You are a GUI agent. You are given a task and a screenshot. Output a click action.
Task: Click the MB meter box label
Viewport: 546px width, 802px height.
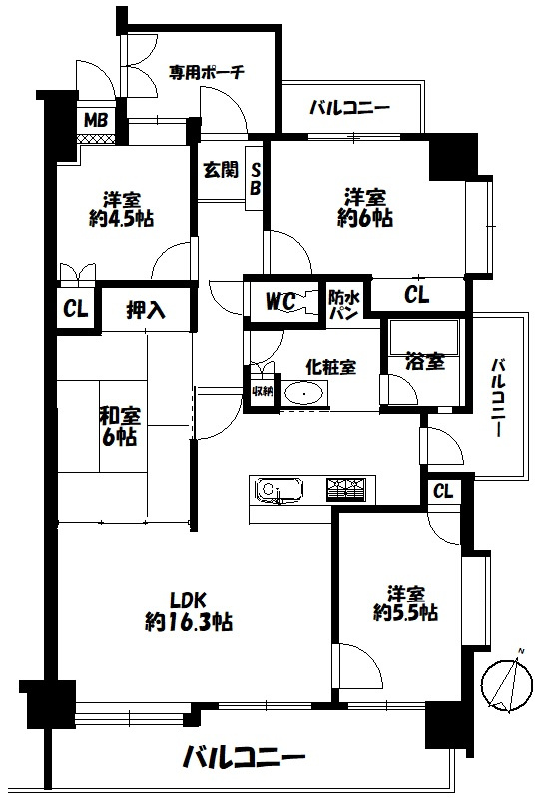(x=96, y=120)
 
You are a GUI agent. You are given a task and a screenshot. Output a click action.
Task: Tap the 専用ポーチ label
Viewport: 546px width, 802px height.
(x=207, y=71)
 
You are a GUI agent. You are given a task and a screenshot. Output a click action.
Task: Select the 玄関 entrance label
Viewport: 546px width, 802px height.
(x=221, y=170)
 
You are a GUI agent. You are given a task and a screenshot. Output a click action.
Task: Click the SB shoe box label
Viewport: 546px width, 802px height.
(x=255, y=179)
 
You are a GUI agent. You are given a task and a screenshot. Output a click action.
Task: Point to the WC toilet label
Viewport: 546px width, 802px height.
(x=280, y=301)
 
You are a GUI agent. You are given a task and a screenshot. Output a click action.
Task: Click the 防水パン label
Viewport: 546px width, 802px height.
(x=344, y=305)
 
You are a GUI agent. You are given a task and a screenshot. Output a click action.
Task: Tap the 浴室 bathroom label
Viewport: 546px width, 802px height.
(x=425, y=361)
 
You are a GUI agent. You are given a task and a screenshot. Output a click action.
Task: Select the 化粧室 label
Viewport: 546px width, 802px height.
(x=330, y=366)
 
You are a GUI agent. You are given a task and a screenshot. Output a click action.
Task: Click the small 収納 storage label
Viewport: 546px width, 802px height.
(x=262, y=391)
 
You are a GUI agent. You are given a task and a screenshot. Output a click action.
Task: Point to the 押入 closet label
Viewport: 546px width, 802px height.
(x=146, y=310)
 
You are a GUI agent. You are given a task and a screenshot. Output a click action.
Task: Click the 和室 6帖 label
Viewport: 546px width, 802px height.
(x=119, y=426)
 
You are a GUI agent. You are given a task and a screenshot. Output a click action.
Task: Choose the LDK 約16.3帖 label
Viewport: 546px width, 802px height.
(x=189, y=610)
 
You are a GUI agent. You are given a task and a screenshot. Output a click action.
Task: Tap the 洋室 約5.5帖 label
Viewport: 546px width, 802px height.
(x=405, y=603)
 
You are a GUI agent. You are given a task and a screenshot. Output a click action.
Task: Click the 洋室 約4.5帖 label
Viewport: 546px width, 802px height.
(x=121, y=209)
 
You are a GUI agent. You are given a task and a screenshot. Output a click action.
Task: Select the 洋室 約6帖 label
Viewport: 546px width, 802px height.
(x=365, y=207)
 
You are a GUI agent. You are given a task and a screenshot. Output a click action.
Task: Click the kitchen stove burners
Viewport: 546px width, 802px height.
(x=346, y=489)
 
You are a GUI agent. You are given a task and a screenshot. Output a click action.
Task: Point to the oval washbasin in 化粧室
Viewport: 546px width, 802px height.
(x=304, y=394)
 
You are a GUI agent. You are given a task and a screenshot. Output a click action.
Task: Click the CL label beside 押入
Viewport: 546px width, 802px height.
(x=75, y=309)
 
